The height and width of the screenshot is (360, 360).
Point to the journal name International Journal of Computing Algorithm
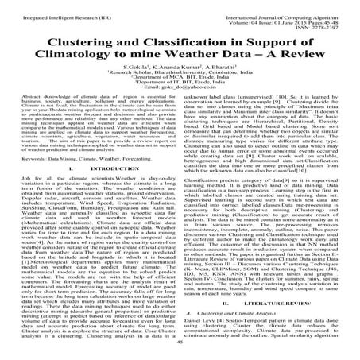284,6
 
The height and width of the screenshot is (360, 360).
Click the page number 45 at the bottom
180,354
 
